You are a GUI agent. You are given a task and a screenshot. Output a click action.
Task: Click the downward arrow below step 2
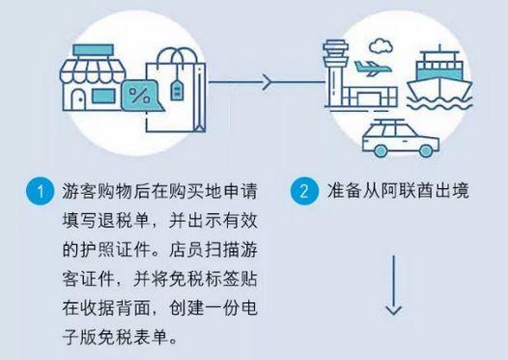pos(394,296)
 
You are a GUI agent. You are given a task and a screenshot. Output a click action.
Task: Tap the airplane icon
pos(372,69)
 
